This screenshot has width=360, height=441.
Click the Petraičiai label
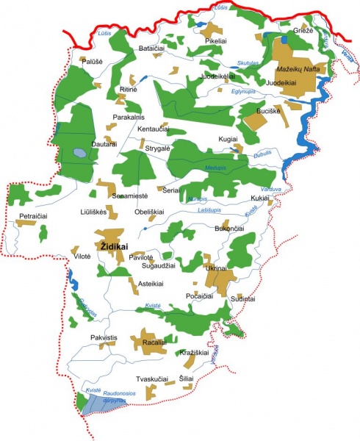(x=33, y=217)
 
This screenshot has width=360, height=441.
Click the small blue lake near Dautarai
(x=78, y=154)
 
